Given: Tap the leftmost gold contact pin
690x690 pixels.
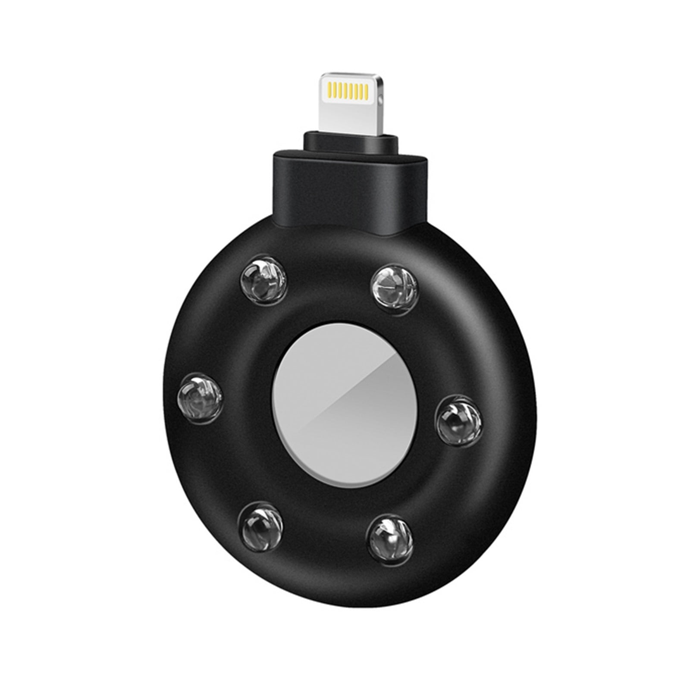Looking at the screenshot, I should [331, 91].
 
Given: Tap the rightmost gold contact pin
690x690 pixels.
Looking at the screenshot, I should [367, 91].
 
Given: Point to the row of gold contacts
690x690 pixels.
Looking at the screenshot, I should [348, 91].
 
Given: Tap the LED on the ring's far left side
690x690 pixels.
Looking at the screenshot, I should [200, 394].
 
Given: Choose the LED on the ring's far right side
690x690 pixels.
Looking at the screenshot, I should [458, 420].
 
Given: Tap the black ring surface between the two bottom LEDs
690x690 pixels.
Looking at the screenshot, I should [326, 548].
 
